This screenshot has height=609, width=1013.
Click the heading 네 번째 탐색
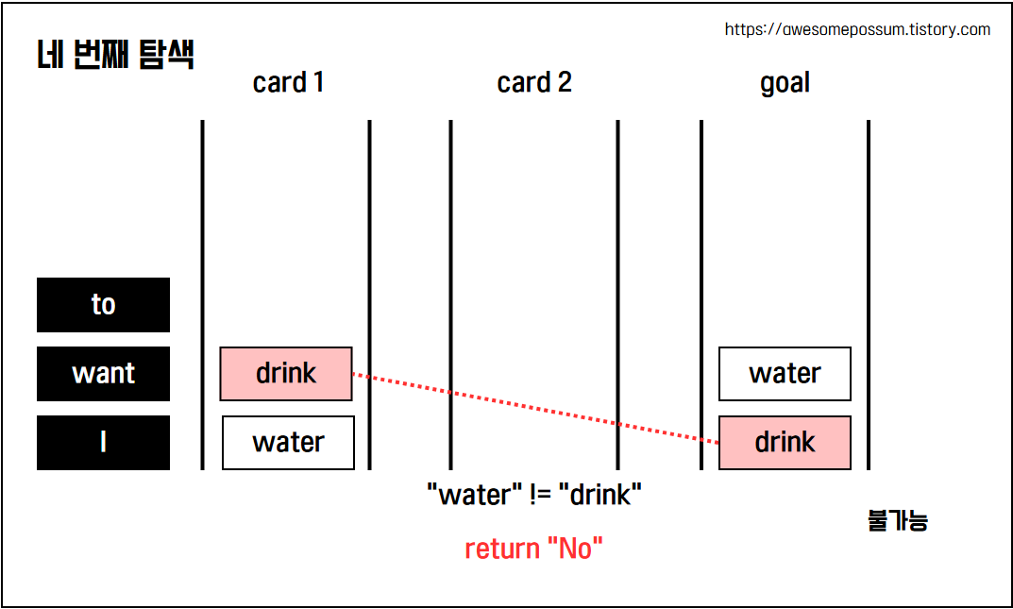(114, 55)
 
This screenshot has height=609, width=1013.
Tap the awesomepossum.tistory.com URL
(857, 29)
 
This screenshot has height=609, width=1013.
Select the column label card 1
(288, 83)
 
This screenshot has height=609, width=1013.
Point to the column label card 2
(534, 83)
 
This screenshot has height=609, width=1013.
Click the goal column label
(785, 83)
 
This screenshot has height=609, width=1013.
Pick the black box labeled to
(103, 305)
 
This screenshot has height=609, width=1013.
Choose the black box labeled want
(103, 374)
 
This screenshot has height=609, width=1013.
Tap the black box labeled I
(103, 443)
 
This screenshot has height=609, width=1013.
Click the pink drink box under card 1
(286, 374)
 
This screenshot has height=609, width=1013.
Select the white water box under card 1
(288, 443)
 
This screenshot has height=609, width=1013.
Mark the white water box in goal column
(785, 374)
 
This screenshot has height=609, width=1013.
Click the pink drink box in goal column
(785, 443)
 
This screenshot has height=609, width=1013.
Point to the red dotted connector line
(534, 407)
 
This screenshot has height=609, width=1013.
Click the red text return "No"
(533, 549)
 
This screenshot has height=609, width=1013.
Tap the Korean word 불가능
(897, 520)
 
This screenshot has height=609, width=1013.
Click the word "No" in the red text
(576, 549)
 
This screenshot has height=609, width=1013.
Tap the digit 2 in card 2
(564, 83)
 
